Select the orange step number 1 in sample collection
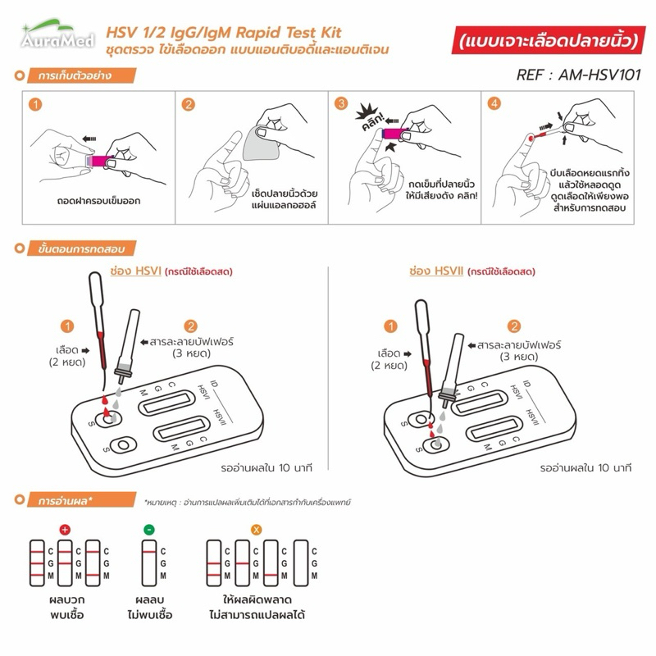pyautogui.click(x=34, y=105)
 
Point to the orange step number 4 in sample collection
pyautogui.click(x=494, y=104)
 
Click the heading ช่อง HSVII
pyautogui.click(x=435, y=271)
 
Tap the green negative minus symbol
pyautogui.click(x=149, y=530)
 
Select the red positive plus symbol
pyautogui.click(x=65, y=530)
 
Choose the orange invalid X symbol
pyautogui.click(x=256, y=530)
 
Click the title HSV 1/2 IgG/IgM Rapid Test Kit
pyautogui.click(x=224, y=34)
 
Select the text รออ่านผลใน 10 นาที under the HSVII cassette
pyautogui.click(x=585, y=467)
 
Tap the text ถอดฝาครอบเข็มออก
pyautogui.click(x=91, y=199)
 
